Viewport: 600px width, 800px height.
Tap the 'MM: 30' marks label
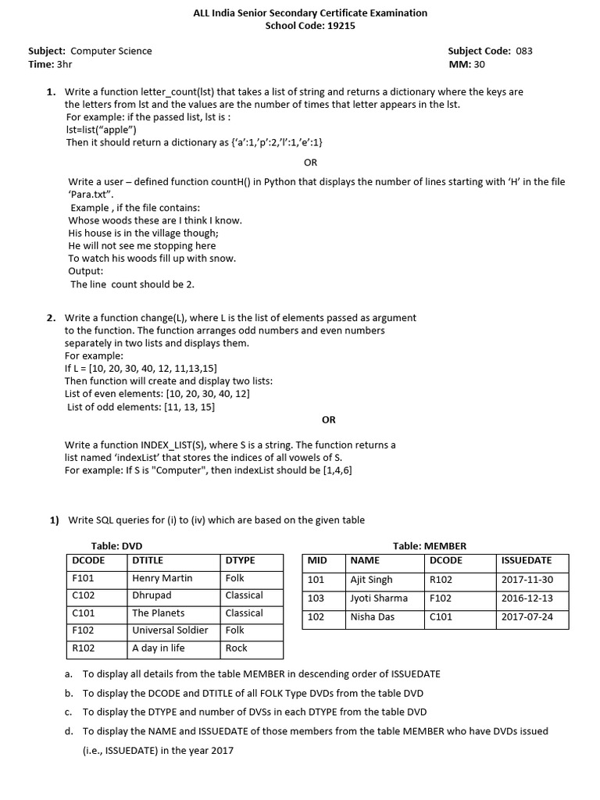[x=466, y=64]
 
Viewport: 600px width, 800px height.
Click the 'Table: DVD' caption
[x=116, y=546]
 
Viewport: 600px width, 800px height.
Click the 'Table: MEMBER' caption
[x=429, y=546]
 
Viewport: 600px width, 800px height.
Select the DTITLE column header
[x=148, y=561]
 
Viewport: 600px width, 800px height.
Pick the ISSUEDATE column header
[x=526, y=561]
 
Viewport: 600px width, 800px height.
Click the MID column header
[x=317, y=561]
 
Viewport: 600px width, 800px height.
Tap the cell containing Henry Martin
[x=162, y=578]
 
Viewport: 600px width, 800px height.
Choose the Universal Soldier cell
[x=170, y=630]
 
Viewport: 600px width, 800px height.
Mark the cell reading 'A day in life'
[x=159, y=648]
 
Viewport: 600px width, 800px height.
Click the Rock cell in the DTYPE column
[x=236, y=648]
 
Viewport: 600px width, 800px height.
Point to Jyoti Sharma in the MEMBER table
[x=379, y=598]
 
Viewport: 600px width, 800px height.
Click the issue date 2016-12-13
[x=527, y=598]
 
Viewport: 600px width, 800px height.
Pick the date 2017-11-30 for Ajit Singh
[x=527, y=580]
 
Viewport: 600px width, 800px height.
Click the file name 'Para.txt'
[x=91, y=194]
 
